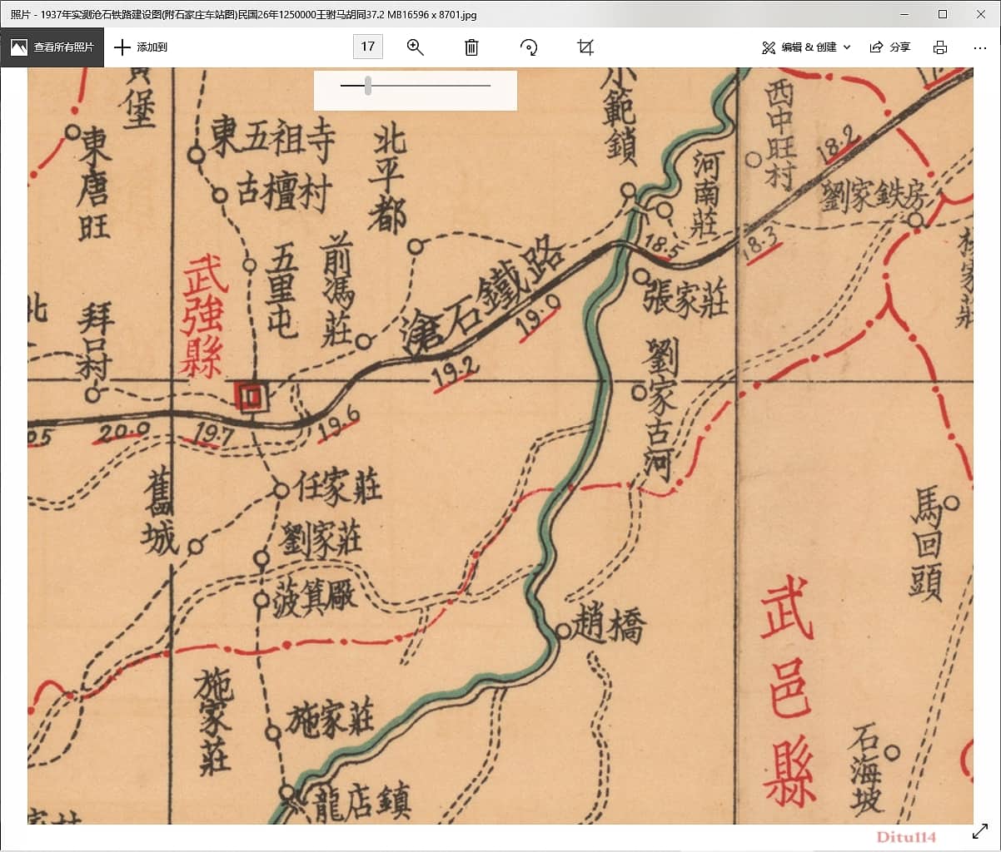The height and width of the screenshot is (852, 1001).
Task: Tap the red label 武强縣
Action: point(203,317)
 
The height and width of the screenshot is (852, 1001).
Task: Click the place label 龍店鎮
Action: point(361,804)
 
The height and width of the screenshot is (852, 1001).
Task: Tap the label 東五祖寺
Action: point(271,138)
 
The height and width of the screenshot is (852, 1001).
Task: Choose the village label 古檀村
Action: point(283,191)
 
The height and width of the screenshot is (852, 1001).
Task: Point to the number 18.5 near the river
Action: point(658,245)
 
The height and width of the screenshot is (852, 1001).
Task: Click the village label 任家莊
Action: point(338,486)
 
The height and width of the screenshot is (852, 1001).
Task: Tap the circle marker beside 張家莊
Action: point(641,275)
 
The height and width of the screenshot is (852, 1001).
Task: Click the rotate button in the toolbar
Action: point(529,47)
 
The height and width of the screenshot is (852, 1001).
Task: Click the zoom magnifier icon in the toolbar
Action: point(416,47)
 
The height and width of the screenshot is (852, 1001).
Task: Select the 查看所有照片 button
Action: point(52,47)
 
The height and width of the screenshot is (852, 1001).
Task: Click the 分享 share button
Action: point(890,47)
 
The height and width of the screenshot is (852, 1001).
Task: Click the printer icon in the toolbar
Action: point(940,47)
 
